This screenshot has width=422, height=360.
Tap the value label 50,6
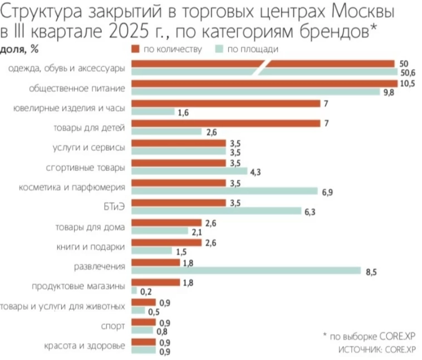[406, 73]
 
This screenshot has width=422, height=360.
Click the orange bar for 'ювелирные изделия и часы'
[225, 103]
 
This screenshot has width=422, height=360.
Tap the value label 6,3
[311, 211]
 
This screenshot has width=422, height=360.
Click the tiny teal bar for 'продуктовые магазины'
[134, 290]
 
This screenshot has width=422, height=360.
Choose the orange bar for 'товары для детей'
[225, 123]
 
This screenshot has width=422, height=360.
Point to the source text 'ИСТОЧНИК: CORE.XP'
[377, 349]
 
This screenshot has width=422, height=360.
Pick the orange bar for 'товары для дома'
[167, 223]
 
